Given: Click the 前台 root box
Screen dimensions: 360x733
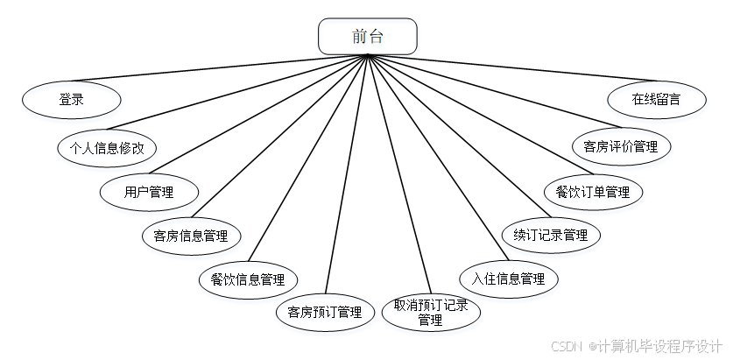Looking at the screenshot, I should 367,36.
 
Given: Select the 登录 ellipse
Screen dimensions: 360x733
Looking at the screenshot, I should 71,100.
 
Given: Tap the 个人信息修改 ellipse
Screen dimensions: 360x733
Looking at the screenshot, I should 107,147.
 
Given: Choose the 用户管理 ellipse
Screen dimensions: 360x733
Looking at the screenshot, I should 149,193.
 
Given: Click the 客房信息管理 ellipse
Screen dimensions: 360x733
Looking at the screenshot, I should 191,236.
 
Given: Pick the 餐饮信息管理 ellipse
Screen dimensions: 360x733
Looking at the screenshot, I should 248,280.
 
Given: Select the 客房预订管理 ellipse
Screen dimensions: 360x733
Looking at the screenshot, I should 325,312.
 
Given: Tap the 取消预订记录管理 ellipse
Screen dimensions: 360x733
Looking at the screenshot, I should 430,313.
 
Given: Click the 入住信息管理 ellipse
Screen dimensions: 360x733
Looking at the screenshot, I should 509,279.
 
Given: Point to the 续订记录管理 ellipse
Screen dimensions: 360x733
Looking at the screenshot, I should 551,235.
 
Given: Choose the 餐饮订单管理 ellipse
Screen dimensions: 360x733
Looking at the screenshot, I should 593,191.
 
